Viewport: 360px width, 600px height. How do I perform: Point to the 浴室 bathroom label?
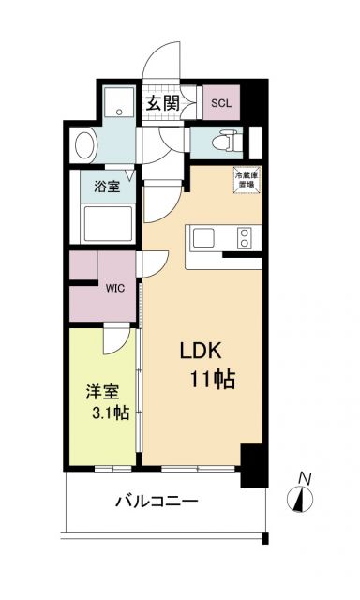(x=105, y=187)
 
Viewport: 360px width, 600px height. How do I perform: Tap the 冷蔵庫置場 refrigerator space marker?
(x=247, y=180)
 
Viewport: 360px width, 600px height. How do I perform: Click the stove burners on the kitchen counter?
(x=246, y=236)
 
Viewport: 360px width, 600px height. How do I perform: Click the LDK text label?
(x=202, y=352)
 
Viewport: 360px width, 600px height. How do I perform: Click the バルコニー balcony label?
(x=157, y=502)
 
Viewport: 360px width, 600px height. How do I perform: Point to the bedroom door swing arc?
(x=112, y=340)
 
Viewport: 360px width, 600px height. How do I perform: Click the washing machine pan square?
(x=119, y=103)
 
